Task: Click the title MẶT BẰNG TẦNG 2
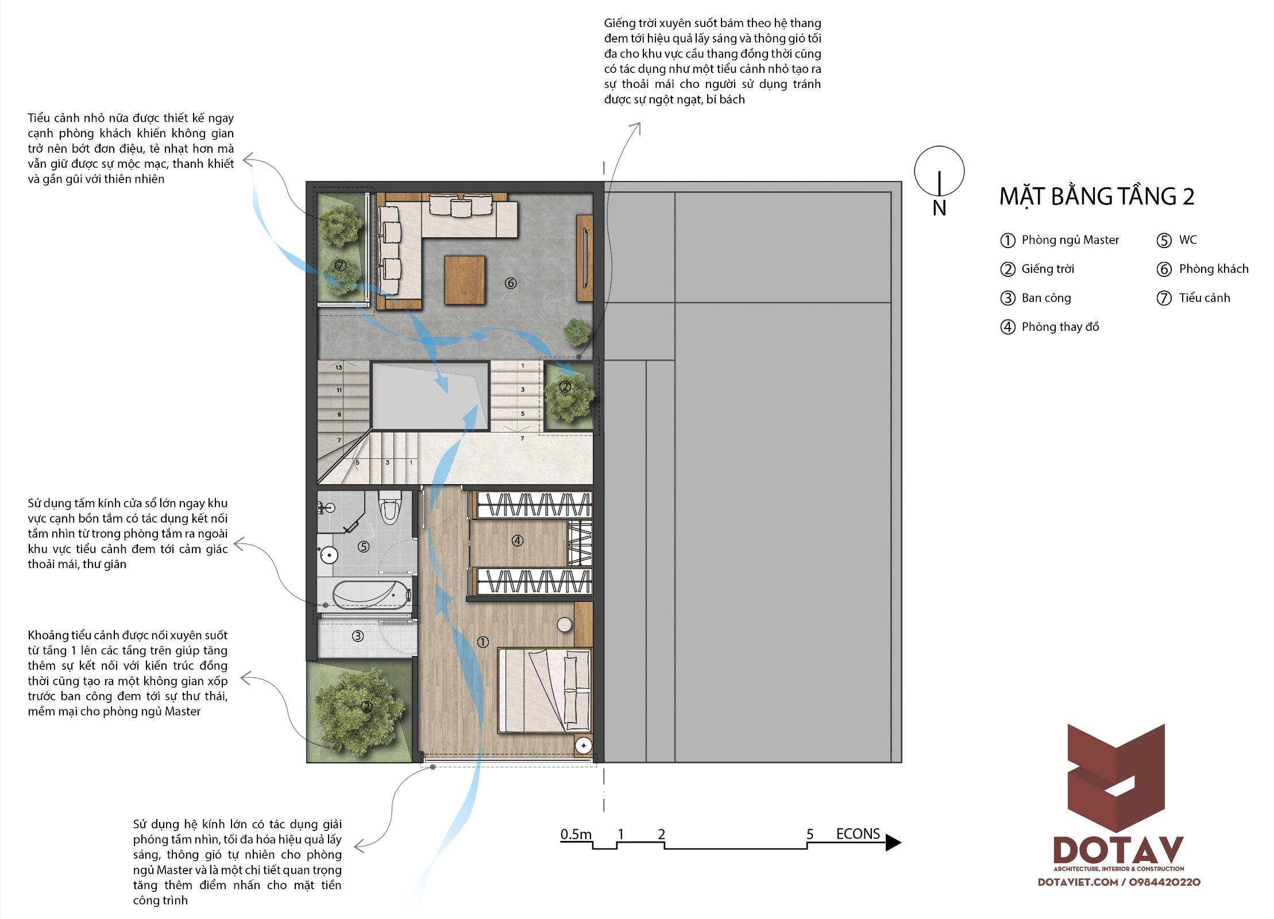pyautogui.click(x=1097, y=196)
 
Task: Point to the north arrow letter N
pyautogui.click(x=939, y=208)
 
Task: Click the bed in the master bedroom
pyautogui.click(x=545, y=690)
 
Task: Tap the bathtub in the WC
pyautogui.click(x=364, y=594)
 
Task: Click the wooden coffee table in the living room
pyautogui.click(x=465, y=280)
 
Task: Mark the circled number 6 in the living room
pyautogui.click(x=511, y=283)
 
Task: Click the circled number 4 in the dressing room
pyautogui.click(x=518, y=540)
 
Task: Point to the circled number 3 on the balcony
pyautogui.click(x=358, y=636)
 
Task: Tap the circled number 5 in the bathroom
pyautogui.click(x=364, y=547)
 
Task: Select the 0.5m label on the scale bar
pyautogui.click(x=576, y=834)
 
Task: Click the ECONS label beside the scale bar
pyautogui.click(x=858, y=834)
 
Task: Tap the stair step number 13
pyautogui.click(x=339, y=368)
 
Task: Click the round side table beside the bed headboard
pyautogui.click(x=565, y=625)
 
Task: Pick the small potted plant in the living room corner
pyautogui.click(x=576, y=331)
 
